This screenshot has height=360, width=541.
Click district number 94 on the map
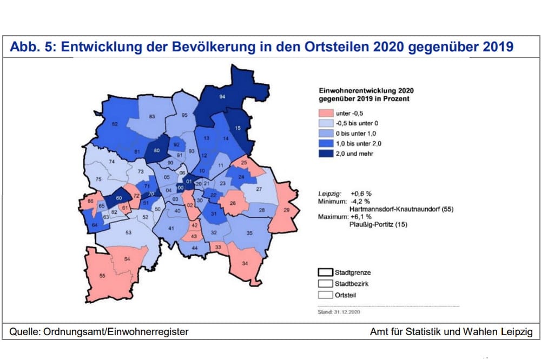pyautogui.click(x=222, y=97)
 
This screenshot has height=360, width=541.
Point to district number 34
pyautogui.click(x=245, y=263)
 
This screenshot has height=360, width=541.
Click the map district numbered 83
pyautogui.click(x=152, y=116)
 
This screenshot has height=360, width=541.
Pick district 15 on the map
pyautogui.click(x=237, y=128)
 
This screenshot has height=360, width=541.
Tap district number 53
pyautogui.click(x=128, y=232)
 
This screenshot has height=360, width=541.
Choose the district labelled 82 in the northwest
pyautogui.click(x=115, y=124)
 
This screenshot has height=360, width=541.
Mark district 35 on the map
pyautogui.click(x=249, y=233)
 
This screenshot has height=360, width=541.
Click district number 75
pyautogui.click(x=98, y=179)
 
